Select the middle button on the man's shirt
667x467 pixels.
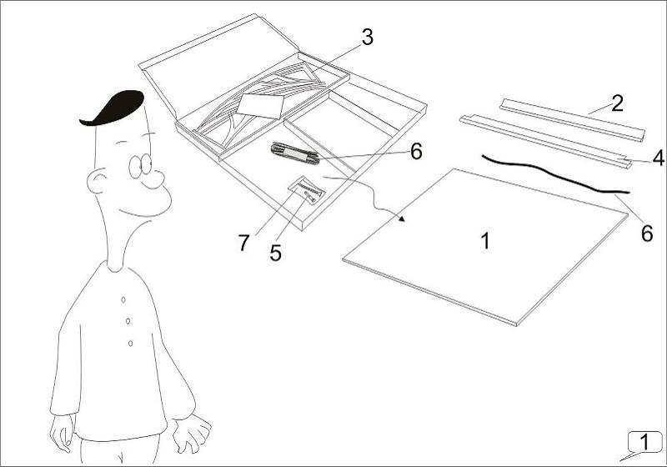(127, 320)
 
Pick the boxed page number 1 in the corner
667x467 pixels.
(644, 441)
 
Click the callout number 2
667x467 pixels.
(617, 103)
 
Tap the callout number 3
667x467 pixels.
(367, 37)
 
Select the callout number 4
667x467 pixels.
(658, 156)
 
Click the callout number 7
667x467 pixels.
(243, 244)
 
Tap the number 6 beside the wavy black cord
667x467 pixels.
(647, 233)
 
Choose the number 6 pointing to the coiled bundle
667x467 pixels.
(416, 151)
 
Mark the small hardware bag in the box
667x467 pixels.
(307, 190)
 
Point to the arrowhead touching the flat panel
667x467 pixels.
(404, 220)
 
